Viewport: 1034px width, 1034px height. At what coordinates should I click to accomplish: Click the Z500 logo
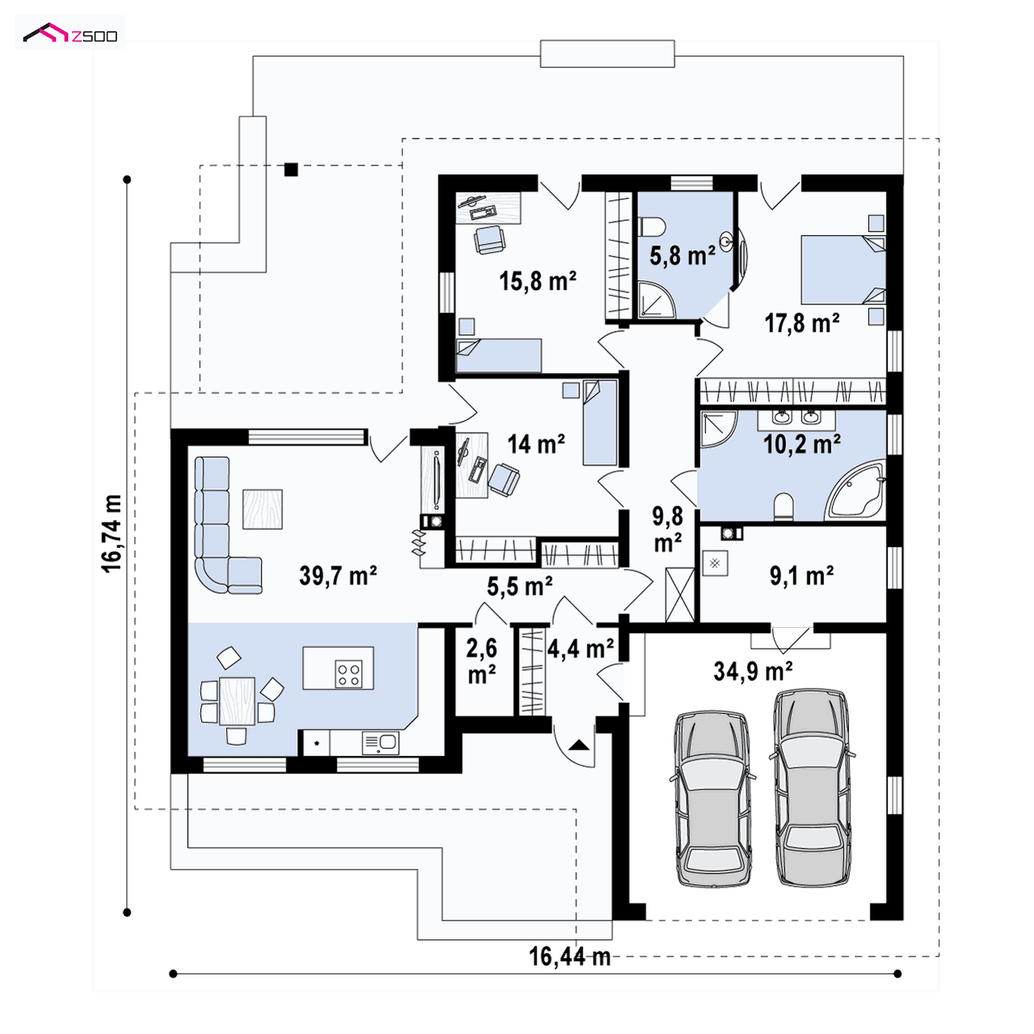(70, 34)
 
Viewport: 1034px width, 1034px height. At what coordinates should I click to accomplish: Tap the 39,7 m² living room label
(338, 576)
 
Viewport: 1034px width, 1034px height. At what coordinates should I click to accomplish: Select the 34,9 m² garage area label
(752, 671)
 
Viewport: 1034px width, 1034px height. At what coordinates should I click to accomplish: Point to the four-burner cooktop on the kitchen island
(349, 674)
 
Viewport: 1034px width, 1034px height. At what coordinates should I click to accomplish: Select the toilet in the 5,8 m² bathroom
(652, 226)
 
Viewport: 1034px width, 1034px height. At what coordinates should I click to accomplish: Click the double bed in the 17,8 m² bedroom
(843, 269)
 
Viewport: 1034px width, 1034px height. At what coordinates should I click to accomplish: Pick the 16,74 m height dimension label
(112, 534)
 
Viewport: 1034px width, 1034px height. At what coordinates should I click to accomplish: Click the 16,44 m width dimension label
(570, 957)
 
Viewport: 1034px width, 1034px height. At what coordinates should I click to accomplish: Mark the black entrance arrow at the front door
(579, 745)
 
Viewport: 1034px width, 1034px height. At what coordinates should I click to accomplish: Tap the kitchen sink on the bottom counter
(380, 743)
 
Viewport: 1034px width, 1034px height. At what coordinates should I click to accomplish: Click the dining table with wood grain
(237, 702)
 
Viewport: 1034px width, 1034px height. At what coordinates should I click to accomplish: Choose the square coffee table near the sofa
(262, 509)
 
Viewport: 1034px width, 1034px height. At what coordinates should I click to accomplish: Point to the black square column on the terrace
(291, 170)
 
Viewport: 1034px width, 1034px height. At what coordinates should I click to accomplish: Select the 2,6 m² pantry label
(482, 662)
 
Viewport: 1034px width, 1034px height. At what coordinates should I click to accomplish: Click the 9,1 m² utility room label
(802, 576)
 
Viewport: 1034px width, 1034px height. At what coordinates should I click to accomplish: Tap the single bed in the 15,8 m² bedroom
(498, 355)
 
